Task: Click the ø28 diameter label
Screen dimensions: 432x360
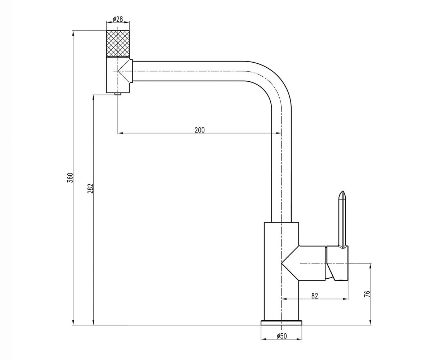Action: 118,19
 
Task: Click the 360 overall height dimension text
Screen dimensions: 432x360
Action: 71,177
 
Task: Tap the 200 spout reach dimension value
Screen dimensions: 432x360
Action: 200,130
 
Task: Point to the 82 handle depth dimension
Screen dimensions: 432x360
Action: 315,296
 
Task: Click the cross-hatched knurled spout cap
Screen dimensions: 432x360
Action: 118,44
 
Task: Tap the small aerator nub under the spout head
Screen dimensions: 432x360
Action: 118,94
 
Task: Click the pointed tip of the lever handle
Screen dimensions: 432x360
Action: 343,192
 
